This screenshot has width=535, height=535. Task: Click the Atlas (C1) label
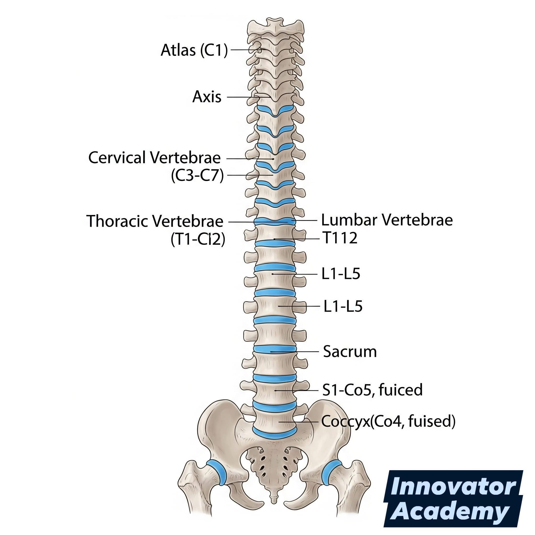tap(194, 50)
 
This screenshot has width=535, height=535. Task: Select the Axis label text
tap(207, 97)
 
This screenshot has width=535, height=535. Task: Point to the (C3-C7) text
tap(197, 176)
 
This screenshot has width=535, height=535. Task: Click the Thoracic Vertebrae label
tap(155, 221)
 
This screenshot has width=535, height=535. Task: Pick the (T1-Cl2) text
tap(198, 239)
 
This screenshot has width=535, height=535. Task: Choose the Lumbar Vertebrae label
tap(387, 220)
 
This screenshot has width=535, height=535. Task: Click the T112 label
tap(340, 238)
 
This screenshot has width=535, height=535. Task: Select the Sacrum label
tap(350, 352)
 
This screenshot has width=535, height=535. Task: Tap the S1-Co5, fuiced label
tap(373, 389)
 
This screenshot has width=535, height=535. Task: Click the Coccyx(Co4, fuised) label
tap(388, 421)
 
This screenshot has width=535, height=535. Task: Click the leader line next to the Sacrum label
tap(294, 352)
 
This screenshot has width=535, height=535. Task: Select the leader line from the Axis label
tap(249, 97)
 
